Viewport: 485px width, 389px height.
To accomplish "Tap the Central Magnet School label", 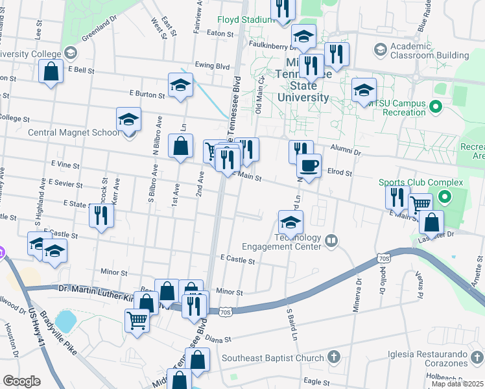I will pos(74,132).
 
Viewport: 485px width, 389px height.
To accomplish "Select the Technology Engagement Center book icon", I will pos(332,241).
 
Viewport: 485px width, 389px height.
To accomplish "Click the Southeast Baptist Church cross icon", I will pos(333,357).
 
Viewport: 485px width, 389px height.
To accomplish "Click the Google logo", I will pos(21,381).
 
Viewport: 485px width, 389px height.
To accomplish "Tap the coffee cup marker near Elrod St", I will pos(309,165).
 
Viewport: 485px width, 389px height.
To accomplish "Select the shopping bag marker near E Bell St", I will pos(51,71).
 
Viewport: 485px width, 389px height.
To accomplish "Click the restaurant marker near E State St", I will pos(101,215).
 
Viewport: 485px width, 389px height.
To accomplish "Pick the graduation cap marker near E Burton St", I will pos(180,84).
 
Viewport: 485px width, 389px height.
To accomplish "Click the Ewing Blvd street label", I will pos(213,66).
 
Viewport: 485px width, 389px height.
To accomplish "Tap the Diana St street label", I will pos(219,339).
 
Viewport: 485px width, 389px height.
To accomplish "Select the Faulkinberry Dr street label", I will pos(270,44).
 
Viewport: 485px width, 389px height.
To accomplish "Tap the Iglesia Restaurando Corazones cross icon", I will pos(477,357).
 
